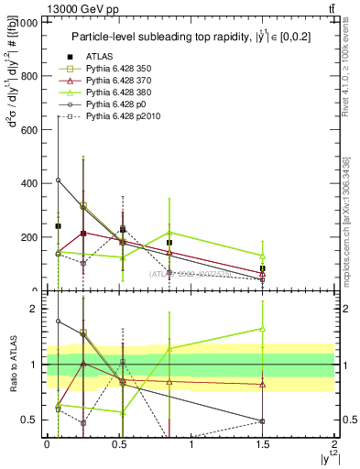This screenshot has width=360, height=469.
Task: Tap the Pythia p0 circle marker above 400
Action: click(58, 180)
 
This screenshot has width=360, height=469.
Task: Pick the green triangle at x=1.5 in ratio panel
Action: click(263, 328)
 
